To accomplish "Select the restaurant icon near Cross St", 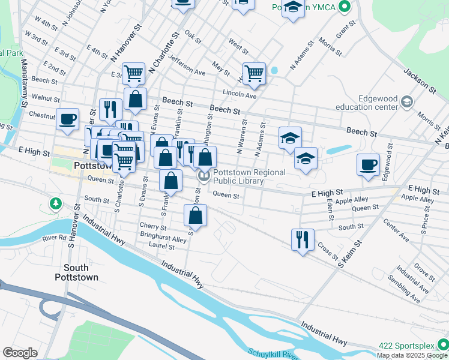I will point(302,239).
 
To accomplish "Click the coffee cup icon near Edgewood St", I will point(368,164).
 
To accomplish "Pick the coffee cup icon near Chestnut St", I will point(68,118).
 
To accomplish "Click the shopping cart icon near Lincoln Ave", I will point(255,73).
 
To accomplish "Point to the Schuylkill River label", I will point(273,353).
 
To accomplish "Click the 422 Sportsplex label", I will point(406,346).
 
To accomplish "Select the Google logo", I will point(20,353).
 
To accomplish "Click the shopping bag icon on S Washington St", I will point(196,215).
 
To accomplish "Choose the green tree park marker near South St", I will point(55,204).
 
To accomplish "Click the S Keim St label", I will point(351,254).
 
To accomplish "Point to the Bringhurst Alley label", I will point(163,238).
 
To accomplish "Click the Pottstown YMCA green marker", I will point(344,8).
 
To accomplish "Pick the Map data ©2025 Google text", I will point(412,355).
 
